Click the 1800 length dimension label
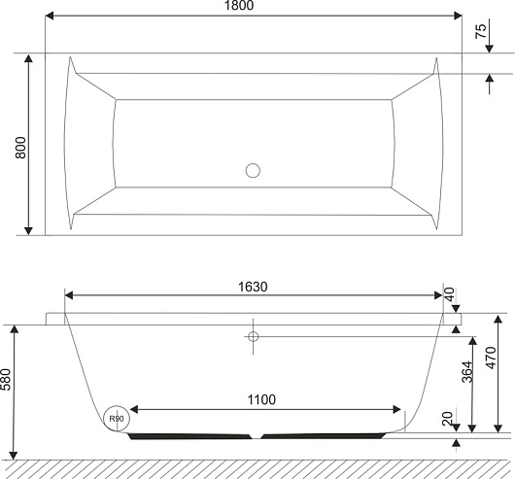pos(239,6)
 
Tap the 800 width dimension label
pos(20,148)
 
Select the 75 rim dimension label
pos(481,31)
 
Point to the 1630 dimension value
pos(253,287)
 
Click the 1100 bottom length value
pos(261,400)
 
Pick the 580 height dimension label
pos(6,380)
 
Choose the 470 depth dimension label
pos(491,358)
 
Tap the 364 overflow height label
pos(467,372)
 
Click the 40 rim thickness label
pos(449,294)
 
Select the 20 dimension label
pos(448,419)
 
